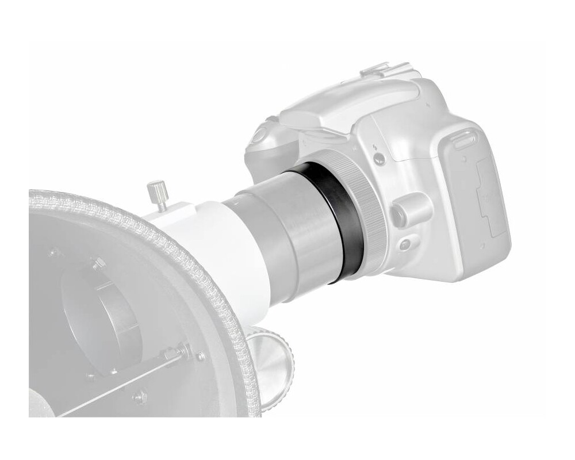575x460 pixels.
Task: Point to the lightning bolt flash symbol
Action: (x=374, y=145)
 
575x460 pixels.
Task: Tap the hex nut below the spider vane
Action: (x=140, y=397)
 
